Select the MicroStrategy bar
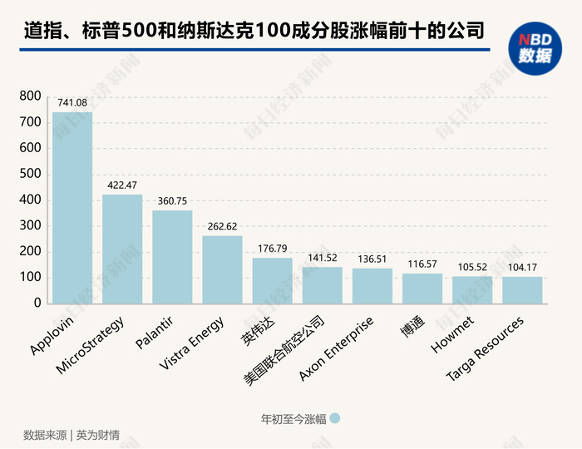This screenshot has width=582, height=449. pos(122,249)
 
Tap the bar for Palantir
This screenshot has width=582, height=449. pos(172,257)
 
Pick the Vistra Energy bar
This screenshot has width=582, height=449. pos(222,269)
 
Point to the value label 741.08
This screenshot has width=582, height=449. pos(72,103)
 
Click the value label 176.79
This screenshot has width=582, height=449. pos(272,249)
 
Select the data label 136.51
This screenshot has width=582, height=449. pos(372,259)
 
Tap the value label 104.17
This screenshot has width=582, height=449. pos(522,267)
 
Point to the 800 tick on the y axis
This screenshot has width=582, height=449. pos(30,97)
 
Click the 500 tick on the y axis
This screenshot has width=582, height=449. pos(30,175)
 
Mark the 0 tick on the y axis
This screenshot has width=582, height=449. pos(37,303)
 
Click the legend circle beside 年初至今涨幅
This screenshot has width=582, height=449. pos(335,419)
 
